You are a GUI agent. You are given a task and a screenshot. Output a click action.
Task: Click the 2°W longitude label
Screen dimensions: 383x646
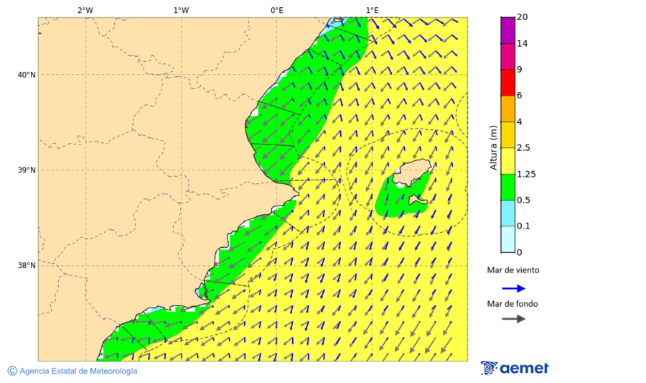[85, 10]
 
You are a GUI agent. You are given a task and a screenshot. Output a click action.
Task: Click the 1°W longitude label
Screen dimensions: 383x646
[181, 10]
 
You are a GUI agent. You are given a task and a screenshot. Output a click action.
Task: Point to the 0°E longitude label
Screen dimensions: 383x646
[276, 10]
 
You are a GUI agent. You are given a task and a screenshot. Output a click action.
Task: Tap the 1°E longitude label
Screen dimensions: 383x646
[372, 10]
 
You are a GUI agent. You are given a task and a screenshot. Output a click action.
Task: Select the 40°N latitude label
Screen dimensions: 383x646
[27, 75]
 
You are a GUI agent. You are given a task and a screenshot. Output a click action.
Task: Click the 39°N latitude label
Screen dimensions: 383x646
[27, 170]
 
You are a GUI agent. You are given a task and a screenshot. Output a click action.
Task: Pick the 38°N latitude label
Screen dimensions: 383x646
[27, 266]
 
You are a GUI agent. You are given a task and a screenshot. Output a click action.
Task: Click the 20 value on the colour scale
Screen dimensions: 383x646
[523, 17]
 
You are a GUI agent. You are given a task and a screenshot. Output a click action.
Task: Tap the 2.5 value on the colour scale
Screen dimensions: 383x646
[524, 148]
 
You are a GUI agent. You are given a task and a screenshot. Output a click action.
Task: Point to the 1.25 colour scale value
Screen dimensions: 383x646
[526, 174]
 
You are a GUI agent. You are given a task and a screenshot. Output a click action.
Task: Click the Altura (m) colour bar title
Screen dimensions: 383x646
[493, 148]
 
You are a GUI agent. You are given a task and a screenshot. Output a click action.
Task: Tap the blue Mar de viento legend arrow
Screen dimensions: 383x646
[513, 288]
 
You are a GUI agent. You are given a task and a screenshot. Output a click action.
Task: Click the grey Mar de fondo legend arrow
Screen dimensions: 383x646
[513, 318]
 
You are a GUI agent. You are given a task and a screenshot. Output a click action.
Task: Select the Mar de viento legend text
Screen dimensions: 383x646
[512, 270]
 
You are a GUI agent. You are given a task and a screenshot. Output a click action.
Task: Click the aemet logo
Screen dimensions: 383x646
[515, 368]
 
